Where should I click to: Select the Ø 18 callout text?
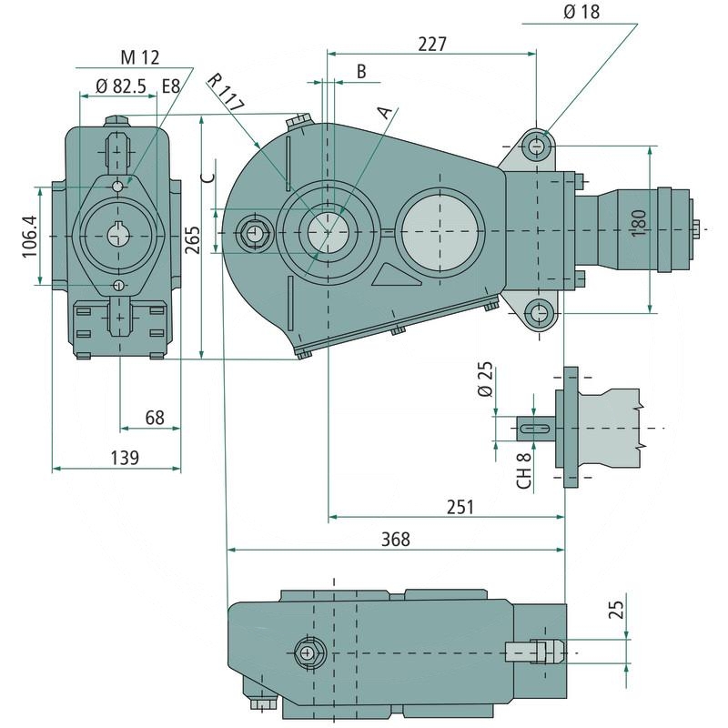click(581, 12)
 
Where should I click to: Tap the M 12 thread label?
click(140, 57)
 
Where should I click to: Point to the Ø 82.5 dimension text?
click(121, 87)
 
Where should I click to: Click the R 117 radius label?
click(226, 91)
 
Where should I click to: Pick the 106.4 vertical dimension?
click(30, 237)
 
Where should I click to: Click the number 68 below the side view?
click(155, 418)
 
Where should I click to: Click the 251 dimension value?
click(460, 507)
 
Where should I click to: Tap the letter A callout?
click(386, 112)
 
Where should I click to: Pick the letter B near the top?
click(361, 71)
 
